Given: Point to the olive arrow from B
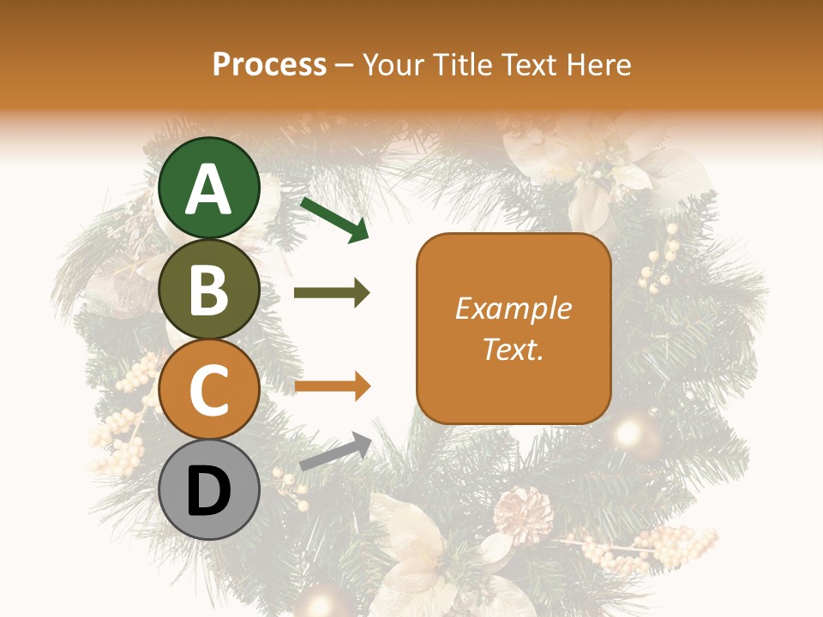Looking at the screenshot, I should pos(332,293).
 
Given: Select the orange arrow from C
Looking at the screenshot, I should pos(332,386).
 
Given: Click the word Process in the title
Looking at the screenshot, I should pos(269,65).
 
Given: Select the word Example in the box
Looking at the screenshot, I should pos(514,308).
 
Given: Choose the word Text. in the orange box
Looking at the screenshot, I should pos(514,349).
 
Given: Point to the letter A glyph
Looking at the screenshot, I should pos(208,189).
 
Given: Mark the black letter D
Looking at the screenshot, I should pos(208,491).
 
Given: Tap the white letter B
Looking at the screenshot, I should pos(208,291).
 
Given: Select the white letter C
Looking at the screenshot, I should pos(208,390).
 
